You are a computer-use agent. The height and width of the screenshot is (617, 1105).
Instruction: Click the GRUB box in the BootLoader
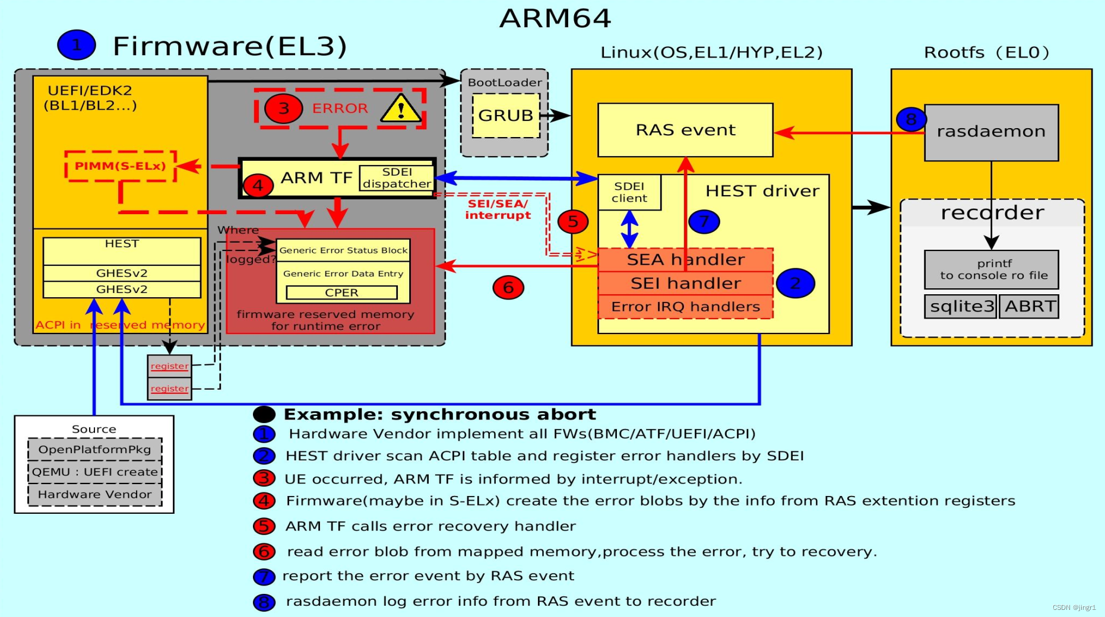506,116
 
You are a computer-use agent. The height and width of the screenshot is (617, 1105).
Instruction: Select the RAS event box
685,130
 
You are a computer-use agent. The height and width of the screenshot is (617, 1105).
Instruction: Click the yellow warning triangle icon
401,109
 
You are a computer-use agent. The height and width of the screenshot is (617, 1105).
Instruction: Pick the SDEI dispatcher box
397,178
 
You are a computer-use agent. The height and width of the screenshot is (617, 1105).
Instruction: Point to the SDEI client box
629,192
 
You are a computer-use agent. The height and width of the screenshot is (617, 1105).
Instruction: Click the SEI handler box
685,284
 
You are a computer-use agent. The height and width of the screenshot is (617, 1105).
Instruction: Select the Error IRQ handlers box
685,307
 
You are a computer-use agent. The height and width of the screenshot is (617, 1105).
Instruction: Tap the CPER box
341,292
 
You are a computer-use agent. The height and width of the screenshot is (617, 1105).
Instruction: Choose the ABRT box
1029,307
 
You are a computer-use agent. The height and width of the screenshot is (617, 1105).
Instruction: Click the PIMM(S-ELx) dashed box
120,166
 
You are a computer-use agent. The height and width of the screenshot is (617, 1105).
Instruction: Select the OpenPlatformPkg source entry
95,450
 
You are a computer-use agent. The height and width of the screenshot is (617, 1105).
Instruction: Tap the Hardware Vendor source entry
95,494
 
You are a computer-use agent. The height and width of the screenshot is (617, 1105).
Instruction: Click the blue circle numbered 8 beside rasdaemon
911,119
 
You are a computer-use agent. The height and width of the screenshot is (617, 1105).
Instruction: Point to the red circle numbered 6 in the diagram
508,288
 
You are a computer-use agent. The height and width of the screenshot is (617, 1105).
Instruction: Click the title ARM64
555,18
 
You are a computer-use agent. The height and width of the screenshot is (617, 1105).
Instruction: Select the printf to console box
991,269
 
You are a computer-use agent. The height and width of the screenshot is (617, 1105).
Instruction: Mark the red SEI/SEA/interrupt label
498,209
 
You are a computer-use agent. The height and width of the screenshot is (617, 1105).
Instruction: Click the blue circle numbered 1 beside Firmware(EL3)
77,44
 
